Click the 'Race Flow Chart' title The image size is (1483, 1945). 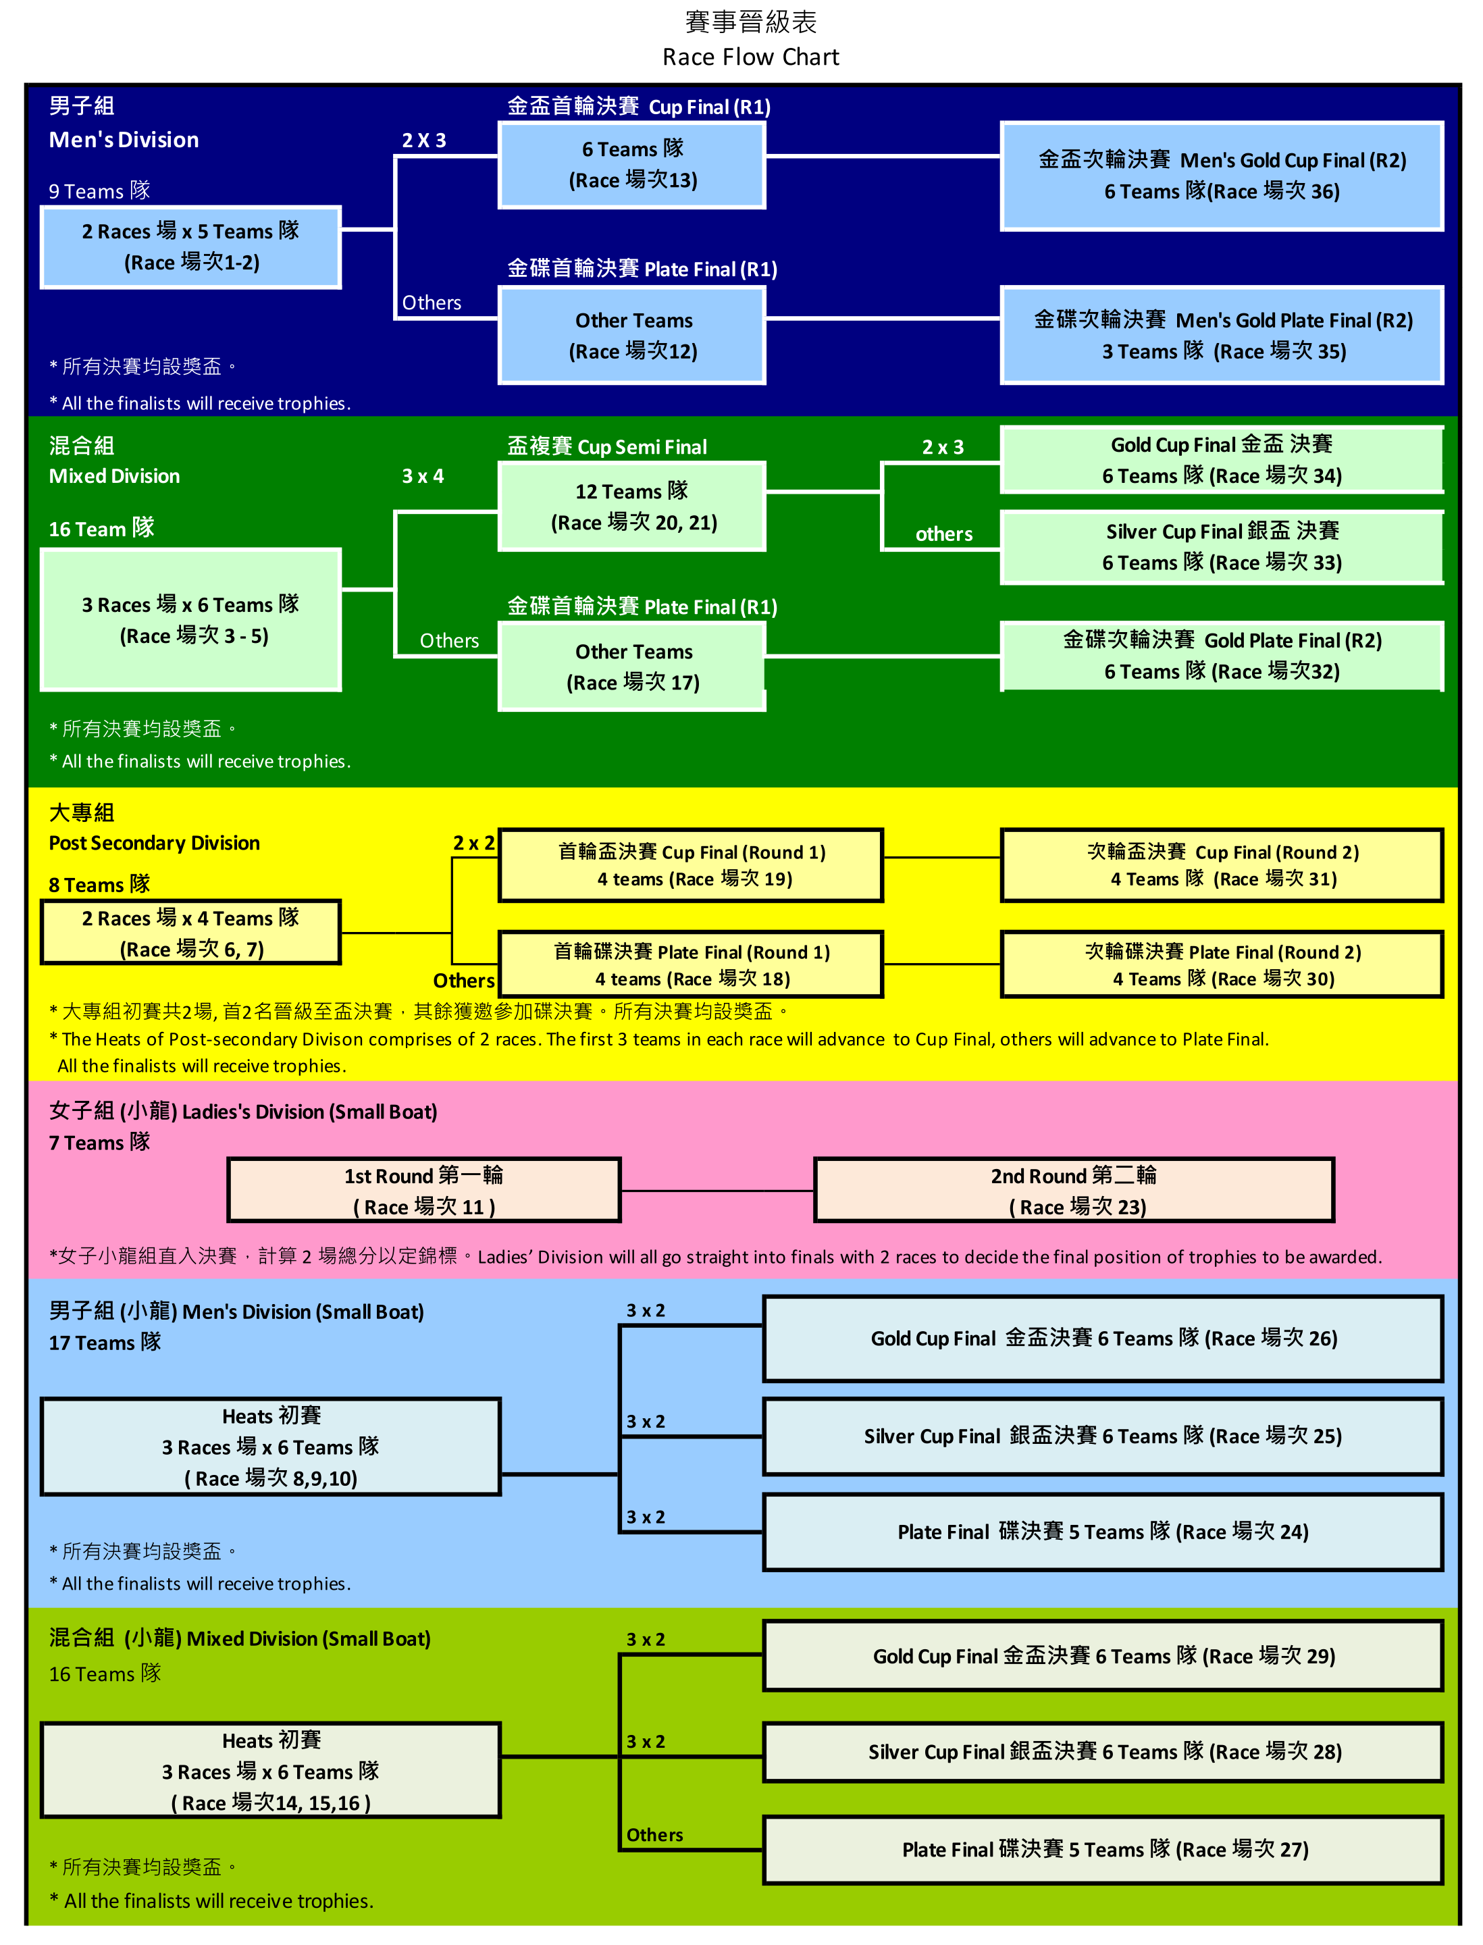(x=750, y=57)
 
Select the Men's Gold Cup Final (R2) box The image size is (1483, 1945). (x=1222, y=176)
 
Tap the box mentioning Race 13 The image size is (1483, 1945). (x=632, y=165)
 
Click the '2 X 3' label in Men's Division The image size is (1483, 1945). (x=423, y=140)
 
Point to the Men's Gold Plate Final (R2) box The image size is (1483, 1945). (x=1222, y=336)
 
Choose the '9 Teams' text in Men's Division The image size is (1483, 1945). (x=99, y=190)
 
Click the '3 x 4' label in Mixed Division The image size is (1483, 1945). (x=423, y=476)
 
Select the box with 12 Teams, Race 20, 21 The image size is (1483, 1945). (x=632, y=507)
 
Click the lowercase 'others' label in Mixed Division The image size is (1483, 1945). (x=943, y=534)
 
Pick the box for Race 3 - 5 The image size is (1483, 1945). (x=190, y=620)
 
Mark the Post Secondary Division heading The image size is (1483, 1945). (x=155, y=843)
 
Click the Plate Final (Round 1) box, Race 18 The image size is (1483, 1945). (x=691, y=965)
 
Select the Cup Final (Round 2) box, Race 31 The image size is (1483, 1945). (x=1222, y=865)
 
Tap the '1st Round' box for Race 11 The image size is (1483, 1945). (x=423, y=1190)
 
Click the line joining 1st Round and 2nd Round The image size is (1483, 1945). (x=717, y=1191)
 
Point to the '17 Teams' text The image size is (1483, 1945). (x=104, y=1343)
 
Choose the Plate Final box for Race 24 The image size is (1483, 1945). (x=1103, y=1532)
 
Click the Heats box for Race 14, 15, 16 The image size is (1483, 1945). (x=271, y=1770)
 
